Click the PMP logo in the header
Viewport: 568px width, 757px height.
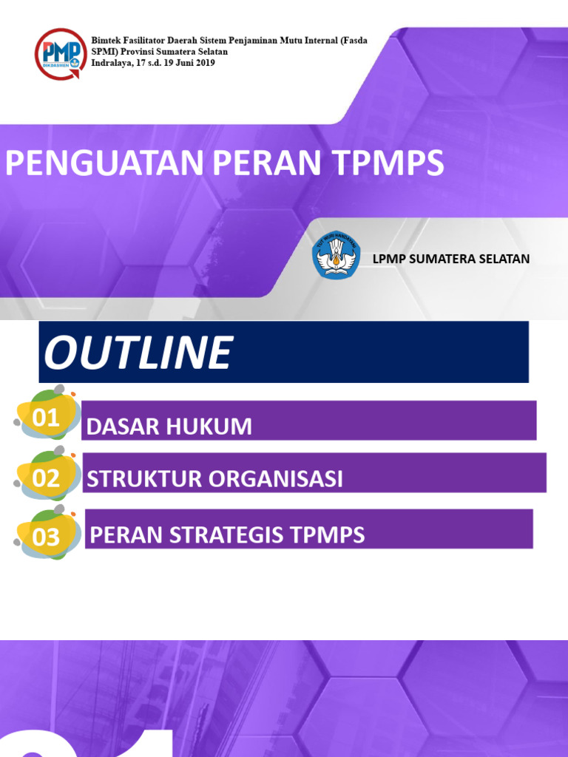click(x=60, y=53)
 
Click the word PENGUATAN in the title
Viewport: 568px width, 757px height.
click(x=106, y=163)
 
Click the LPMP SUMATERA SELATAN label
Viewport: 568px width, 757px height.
click(x=451, y=259)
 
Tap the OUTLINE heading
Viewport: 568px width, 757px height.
click(x=138, y=353)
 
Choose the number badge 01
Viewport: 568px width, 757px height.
click(x=46, y=418)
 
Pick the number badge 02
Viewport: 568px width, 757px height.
click(x=46, y=478)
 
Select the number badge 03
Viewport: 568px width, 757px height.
click(x=46, y=537)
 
